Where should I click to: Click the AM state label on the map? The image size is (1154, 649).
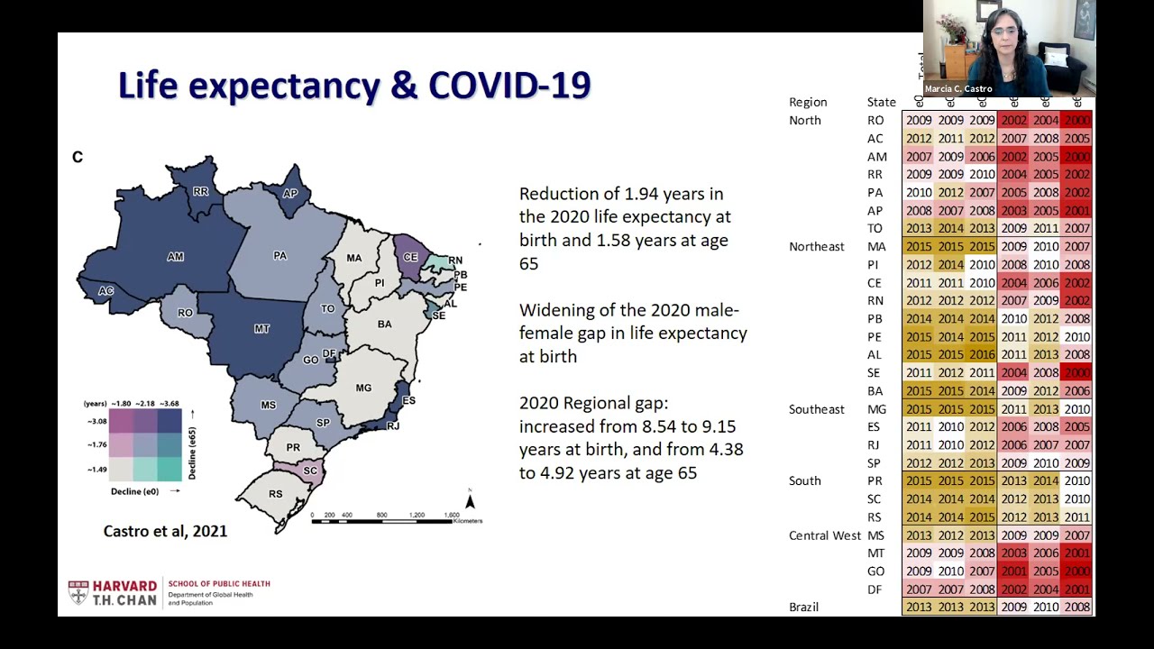(x=175, y=257)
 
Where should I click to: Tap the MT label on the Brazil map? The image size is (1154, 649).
(x=261, y=329)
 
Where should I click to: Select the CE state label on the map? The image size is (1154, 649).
(x=410, y=257)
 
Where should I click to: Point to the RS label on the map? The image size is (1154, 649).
(x=276, y=494)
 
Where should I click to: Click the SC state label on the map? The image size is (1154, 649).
(x=310, y=471)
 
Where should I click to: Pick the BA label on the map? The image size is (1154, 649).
(x=385, y=324)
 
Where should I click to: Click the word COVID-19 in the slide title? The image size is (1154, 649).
(x=509, y=86)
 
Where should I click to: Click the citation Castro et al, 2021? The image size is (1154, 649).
(x=165, y=531)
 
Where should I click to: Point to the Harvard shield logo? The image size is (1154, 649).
(x=78, y=592)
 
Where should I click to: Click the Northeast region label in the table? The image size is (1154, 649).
(x=816, y=246)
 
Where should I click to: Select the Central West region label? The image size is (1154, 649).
(x=824, y=535)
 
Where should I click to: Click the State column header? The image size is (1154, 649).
(x=881, y=102)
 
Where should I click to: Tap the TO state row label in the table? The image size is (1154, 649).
(x=875, y=229)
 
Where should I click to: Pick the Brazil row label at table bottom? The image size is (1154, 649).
(x=803, y=607)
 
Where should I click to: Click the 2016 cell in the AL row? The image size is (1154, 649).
(x=982, y=355)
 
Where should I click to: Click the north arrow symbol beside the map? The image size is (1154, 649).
(x=470, y=500)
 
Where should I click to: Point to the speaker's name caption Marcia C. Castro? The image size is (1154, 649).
(x=958, y=89)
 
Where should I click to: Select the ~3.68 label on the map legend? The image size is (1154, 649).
(x=168, y=404)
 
